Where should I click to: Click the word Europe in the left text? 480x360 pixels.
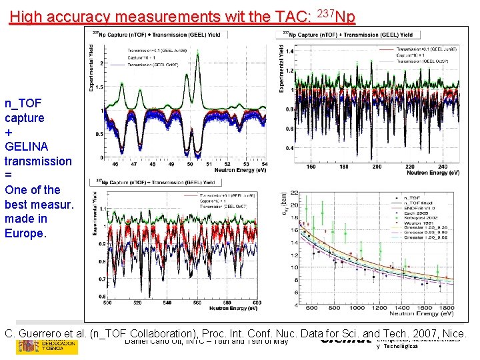click(25, 233)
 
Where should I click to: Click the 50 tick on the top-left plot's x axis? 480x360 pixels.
click(189, 163)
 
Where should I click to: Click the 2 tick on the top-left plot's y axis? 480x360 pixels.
click(101, 63)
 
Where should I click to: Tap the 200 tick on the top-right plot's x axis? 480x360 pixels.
click(377, 167)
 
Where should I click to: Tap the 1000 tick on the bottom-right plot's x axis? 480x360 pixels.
click(357, 307)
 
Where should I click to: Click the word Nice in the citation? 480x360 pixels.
click(455, 333)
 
